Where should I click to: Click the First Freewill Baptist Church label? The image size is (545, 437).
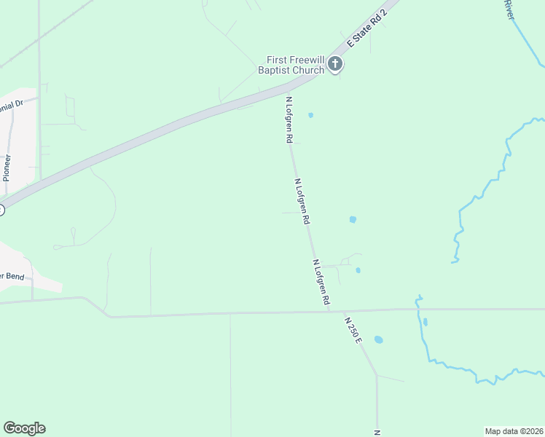coord(291,65)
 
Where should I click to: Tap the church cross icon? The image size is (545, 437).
coord(335,64)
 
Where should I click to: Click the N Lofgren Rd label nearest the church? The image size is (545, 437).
coord(289,119)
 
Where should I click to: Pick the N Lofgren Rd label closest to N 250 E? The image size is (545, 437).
coord(321,282)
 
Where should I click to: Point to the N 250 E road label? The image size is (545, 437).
coord(353,331)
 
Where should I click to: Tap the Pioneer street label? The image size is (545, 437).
coord(7,167)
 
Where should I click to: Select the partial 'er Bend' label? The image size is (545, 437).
coord(13,275)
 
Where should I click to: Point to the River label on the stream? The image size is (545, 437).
coord(509,9)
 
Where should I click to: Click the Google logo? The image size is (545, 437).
coord(24,428)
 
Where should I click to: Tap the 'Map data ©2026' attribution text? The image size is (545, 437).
coord(514,430)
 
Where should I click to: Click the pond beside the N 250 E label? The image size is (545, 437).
coord(378,339)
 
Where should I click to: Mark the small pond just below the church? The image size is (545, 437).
coord(311,115)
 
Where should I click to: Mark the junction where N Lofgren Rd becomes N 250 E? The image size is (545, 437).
coord(329,311)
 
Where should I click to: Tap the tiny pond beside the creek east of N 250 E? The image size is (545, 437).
coord(425,322)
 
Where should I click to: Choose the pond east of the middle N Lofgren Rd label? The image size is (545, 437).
coord(353,219)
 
